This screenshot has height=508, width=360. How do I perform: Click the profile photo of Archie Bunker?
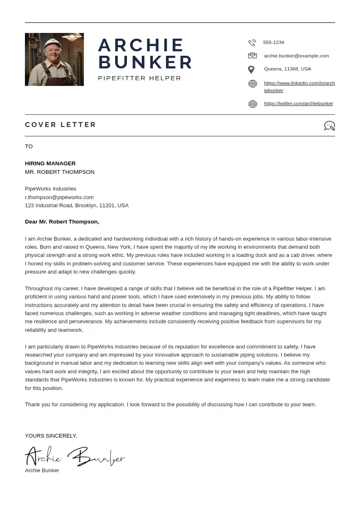54,59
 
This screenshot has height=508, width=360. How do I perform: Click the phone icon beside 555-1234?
252,43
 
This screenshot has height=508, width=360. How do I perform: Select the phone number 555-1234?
273,42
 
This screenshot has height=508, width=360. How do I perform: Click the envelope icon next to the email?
252,56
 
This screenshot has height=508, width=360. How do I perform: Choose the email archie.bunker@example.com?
296,56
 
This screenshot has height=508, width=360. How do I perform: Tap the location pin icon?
251,69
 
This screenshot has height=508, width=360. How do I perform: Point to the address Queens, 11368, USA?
287,69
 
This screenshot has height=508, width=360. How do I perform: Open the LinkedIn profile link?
299,83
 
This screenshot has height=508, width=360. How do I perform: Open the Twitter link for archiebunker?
298,103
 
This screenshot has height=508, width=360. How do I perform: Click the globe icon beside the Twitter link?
253,104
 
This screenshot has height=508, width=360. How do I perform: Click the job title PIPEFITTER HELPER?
140,78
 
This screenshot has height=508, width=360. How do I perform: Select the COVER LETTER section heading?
60,125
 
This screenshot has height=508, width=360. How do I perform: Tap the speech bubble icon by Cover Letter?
329,126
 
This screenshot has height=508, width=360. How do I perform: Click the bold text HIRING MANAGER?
50,163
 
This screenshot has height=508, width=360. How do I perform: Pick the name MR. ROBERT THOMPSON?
59,172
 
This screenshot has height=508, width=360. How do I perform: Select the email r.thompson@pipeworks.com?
59,197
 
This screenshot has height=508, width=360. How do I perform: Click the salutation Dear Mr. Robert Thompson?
62,222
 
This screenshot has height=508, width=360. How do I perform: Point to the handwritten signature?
75,456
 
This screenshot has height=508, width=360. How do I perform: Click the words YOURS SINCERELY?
51,436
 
